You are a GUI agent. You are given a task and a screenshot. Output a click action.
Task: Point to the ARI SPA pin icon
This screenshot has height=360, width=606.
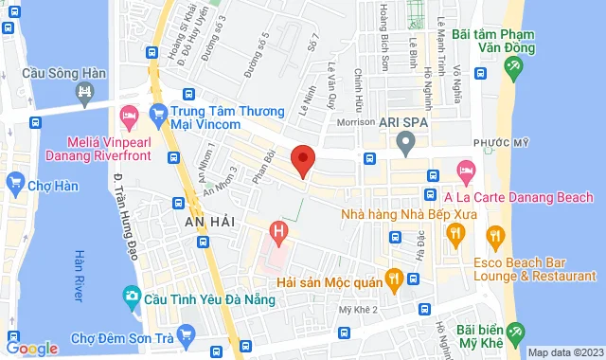pyautogui.click(x=406, y=145)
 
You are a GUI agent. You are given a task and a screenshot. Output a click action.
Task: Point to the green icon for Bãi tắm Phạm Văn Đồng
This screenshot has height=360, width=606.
pyautogui.click(x=514, y=67)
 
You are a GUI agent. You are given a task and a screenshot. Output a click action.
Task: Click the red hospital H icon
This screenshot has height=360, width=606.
pyautogui.click(x=277, y=229)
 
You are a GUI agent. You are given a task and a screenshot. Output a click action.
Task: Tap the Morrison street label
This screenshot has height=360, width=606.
pyautogui.click(x=355, y=122)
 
